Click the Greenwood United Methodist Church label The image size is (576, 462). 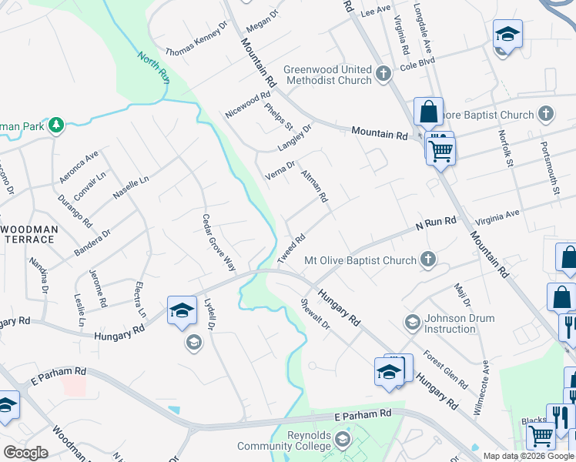tap(327, 75)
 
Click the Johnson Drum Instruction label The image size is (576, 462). tap(450, 323)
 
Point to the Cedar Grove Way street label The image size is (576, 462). tap(219, 243)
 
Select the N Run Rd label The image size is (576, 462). tap(437, 222)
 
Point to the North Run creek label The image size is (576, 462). tap(154, 67)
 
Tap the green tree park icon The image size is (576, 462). tap(55, 125)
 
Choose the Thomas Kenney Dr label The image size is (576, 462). tap(197, 38)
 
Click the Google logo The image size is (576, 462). tap(27, 453)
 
